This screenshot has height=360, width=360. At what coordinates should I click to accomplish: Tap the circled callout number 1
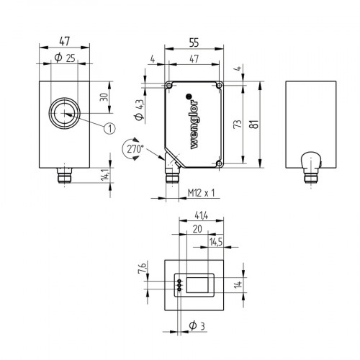[109, 128]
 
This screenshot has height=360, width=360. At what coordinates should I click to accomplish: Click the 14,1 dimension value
[104, 175]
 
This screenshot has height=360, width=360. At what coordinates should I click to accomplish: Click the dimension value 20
[197, 228]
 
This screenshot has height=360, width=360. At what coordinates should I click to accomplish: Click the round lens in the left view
[65, 113]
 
